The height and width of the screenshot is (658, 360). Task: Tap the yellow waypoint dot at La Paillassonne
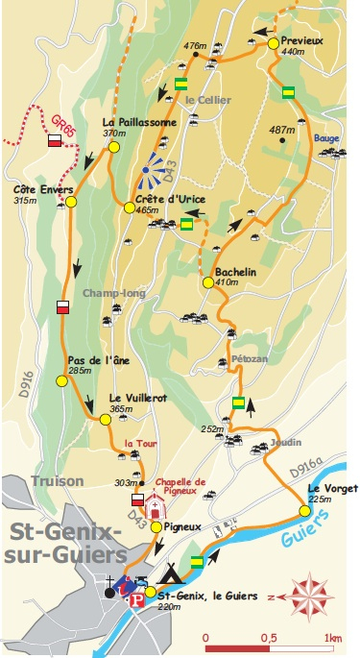click(x=113, y=147)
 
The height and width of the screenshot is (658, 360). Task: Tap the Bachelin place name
click(x=235, y=272)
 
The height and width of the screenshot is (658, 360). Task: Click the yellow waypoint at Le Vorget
click(x=304, y=510)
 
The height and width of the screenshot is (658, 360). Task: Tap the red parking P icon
click(x=136, y=599)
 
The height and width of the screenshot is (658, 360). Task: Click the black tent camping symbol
click(x=170, y=574)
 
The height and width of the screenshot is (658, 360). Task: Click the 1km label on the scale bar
click(x=333, y=638)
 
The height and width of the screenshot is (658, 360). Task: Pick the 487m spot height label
click(x=281, y=130)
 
